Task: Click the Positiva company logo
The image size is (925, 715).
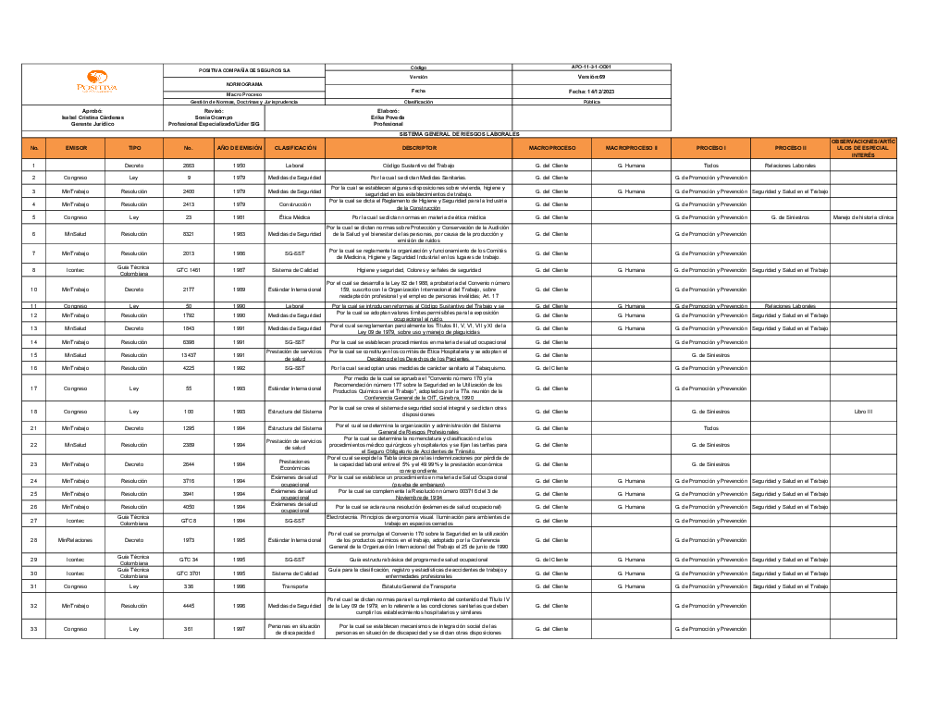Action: coord(97,83)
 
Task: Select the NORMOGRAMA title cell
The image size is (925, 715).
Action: coord(244,83)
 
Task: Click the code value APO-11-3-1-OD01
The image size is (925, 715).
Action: coord(591,67)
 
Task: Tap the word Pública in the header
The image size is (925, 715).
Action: coord(591,102)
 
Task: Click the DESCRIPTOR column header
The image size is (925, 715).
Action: coord(418,147)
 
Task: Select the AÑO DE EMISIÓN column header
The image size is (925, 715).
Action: coord(240,147)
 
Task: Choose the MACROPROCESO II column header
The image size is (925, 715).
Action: coord(631,147)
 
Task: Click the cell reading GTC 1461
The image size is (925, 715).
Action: coord(189,270)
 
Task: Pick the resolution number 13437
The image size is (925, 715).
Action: coord(189,354)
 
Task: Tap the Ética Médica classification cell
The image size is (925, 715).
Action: coord(295,217)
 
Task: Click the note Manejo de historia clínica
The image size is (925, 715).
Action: coord(863,217)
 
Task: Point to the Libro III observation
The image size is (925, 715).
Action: coord(863,412)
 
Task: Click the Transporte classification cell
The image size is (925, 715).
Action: coord(295,586)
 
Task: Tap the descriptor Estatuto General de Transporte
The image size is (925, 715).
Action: coord(418,586)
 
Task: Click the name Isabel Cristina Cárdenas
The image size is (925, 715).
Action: coord(92,117)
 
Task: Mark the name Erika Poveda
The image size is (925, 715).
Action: coord(388,117)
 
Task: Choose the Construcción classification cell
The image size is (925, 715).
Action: coord(295,204)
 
